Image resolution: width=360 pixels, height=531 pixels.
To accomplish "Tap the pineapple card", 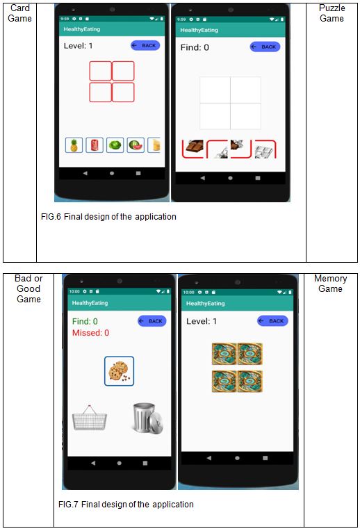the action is point(74,145).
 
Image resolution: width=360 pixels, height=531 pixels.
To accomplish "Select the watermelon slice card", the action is point(136,145).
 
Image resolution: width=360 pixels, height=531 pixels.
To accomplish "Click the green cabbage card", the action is point(115,145).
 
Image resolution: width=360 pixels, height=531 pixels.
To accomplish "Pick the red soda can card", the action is point(95,145).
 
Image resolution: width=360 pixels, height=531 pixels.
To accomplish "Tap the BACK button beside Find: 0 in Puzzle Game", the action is point(265,47).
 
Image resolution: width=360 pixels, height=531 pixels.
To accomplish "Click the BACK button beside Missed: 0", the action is point(152,321).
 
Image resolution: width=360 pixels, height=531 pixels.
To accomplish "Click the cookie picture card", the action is point(119,371).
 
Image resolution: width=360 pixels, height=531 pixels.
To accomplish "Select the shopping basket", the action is point(90,418).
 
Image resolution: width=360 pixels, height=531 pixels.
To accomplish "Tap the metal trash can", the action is point(148,418).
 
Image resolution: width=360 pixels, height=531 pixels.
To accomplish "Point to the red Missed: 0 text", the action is point(91,333).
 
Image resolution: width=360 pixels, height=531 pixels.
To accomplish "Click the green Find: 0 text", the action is point(85,321).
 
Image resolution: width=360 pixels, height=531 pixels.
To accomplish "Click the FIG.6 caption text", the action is point(108,217).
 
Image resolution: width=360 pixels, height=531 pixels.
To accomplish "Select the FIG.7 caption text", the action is point(126,505).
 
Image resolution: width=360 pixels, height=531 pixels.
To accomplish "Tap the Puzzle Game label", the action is point(332,13).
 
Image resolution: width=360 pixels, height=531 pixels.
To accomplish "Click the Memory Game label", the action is point(331,284).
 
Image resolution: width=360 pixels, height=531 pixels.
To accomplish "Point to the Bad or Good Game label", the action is point(28,289).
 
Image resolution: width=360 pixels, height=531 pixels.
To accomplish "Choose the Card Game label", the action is point(19,13).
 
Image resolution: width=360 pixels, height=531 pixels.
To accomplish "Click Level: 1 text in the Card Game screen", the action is point(78,46).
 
